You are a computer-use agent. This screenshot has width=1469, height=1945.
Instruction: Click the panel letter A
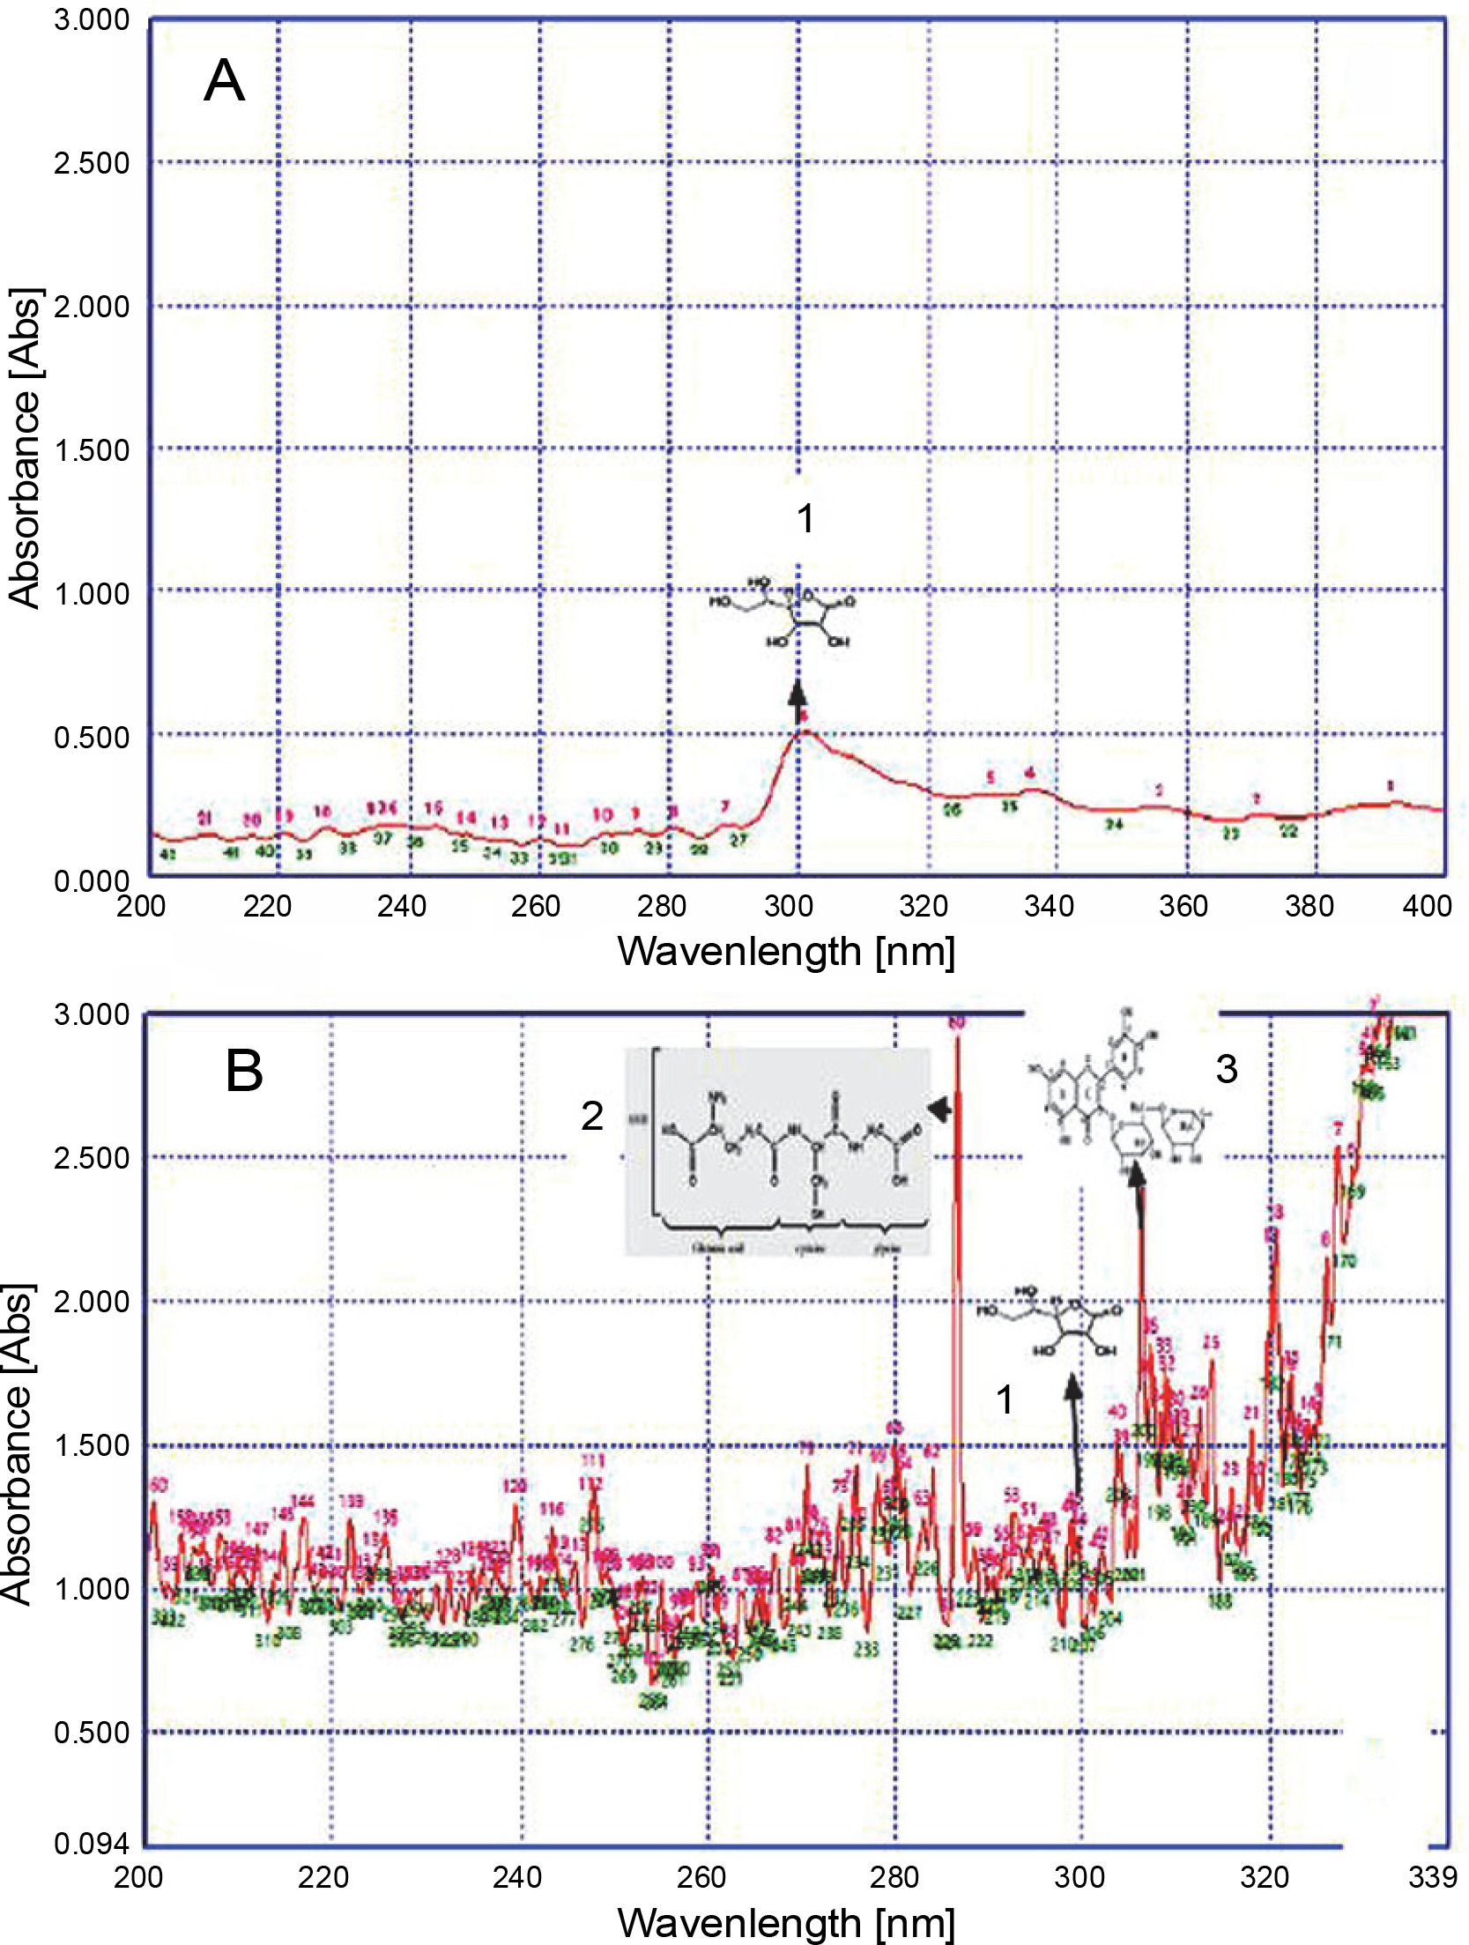click(x=224, y=82)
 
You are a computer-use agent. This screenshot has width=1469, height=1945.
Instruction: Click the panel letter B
click(x=244, y=1072)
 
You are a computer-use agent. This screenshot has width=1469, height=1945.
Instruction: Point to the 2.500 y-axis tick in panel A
click(x=91, y=163)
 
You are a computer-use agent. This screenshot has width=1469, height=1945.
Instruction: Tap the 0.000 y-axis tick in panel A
click(x=91, y=880)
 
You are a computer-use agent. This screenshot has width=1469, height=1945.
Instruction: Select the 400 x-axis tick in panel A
click(x=1426, y=906)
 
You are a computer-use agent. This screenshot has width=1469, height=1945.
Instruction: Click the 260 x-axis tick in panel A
click(x=535, y=906)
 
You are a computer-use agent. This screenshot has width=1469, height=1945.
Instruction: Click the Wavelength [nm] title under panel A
click(x=786, y=953)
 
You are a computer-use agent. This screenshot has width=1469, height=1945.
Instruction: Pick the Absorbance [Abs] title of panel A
click(x=24, y=448)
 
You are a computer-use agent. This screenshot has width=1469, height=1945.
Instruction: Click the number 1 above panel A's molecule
click(x=805, y=519)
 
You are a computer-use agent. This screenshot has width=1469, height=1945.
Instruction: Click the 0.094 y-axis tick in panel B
click(x=91, y=1844)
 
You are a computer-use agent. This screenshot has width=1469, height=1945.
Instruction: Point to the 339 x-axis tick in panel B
click(x=1432, y=1877)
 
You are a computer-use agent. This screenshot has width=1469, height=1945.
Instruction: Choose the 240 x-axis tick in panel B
click(x=517, y=1877)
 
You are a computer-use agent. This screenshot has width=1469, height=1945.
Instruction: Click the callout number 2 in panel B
click(x=592, y=1117)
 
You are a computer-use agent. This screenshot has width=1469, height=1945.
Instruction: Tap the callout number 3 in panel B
click(x=1227, y=1069)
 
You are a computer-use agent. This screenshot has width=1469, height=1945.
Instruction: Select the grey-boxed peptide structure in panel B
click(x=777, y=1151)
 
